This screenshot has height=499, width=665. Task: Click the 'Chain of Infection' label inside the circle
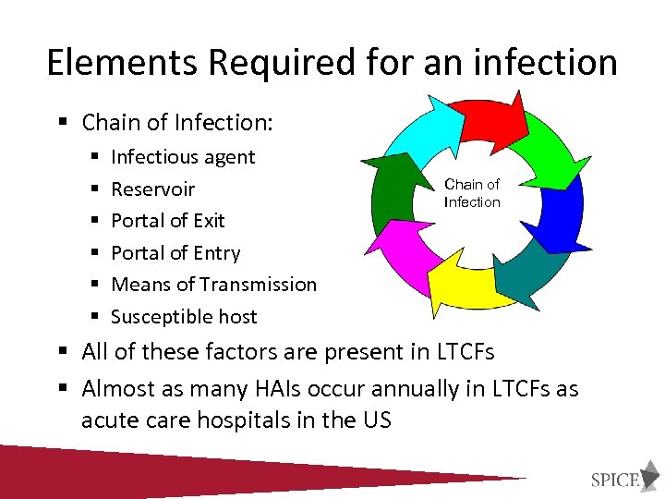click(472, 193)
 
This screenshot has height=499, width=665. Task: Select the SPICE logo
click(614, 479)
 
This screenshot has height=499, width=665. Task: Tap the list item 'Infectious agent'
click(182, 157)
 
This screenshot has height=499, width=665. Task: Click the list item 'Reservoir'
click(152, 189)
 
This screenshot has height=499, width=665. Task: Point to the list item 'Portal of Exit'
click(167, 221)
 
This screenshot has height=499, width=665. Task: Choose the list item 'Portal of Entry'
click(175, 253)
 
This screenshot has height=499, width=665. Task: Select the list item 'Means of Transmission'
click(213, 285)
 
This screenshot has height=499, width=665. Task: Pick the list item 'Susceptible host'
click(184, 317)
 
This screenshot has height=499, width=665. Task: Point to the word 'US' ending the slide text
click(375, 420)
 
